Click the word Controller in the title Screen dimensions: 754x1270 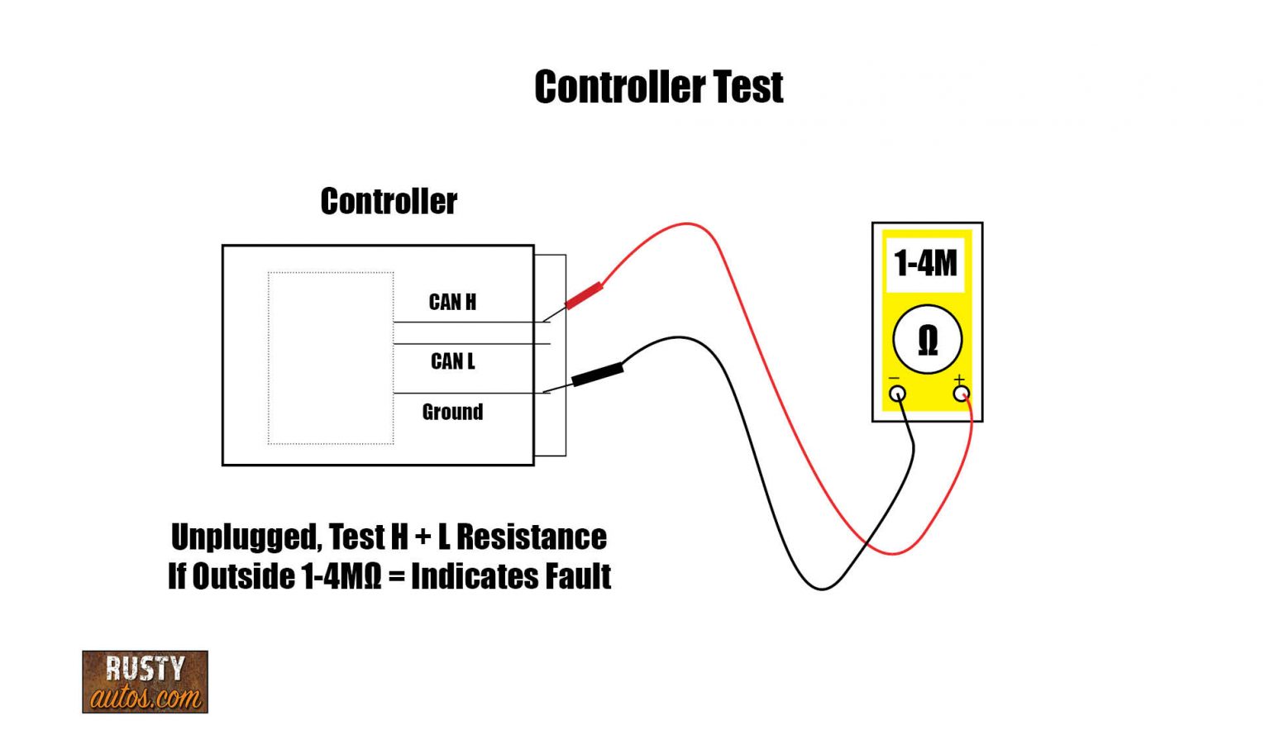619,88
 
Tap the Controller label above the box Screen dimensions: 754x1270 389,202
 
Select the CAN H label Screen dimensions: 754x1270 452,303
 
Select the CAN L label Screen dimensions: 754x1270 452,361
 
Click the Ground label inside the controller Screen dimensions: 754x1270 452,412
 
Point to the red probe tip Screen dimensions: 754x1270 584,295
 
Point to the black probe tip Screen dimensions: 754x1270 598,375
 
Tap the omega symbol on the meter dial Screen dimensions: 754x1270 928,340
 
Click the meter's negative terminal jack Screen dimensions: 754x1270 897,394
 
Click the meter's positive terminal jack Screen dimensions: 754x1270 961,394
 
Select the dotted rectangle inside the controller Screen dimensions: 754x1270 331,358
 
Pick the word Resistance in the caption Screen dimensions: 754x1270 532,537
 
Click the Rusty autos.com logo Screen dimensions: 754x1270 145,682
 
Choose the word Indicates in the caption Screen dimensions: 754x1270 470,576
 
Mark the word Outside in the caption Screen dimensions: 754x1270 244,576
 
